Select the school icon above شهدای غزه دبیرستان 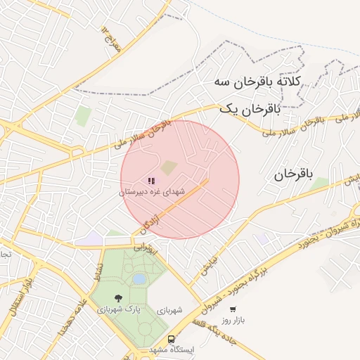[x=151, y=181]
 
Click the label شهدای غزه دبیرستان [x=151, y=191]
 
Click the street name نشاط [x=98, y=270]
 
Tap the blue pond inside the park [x=139, y=279]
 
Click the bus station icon [x=171, y=340]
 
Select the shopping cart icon [x=232, y=309]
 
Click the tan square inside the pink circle [x=169, y=167]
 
